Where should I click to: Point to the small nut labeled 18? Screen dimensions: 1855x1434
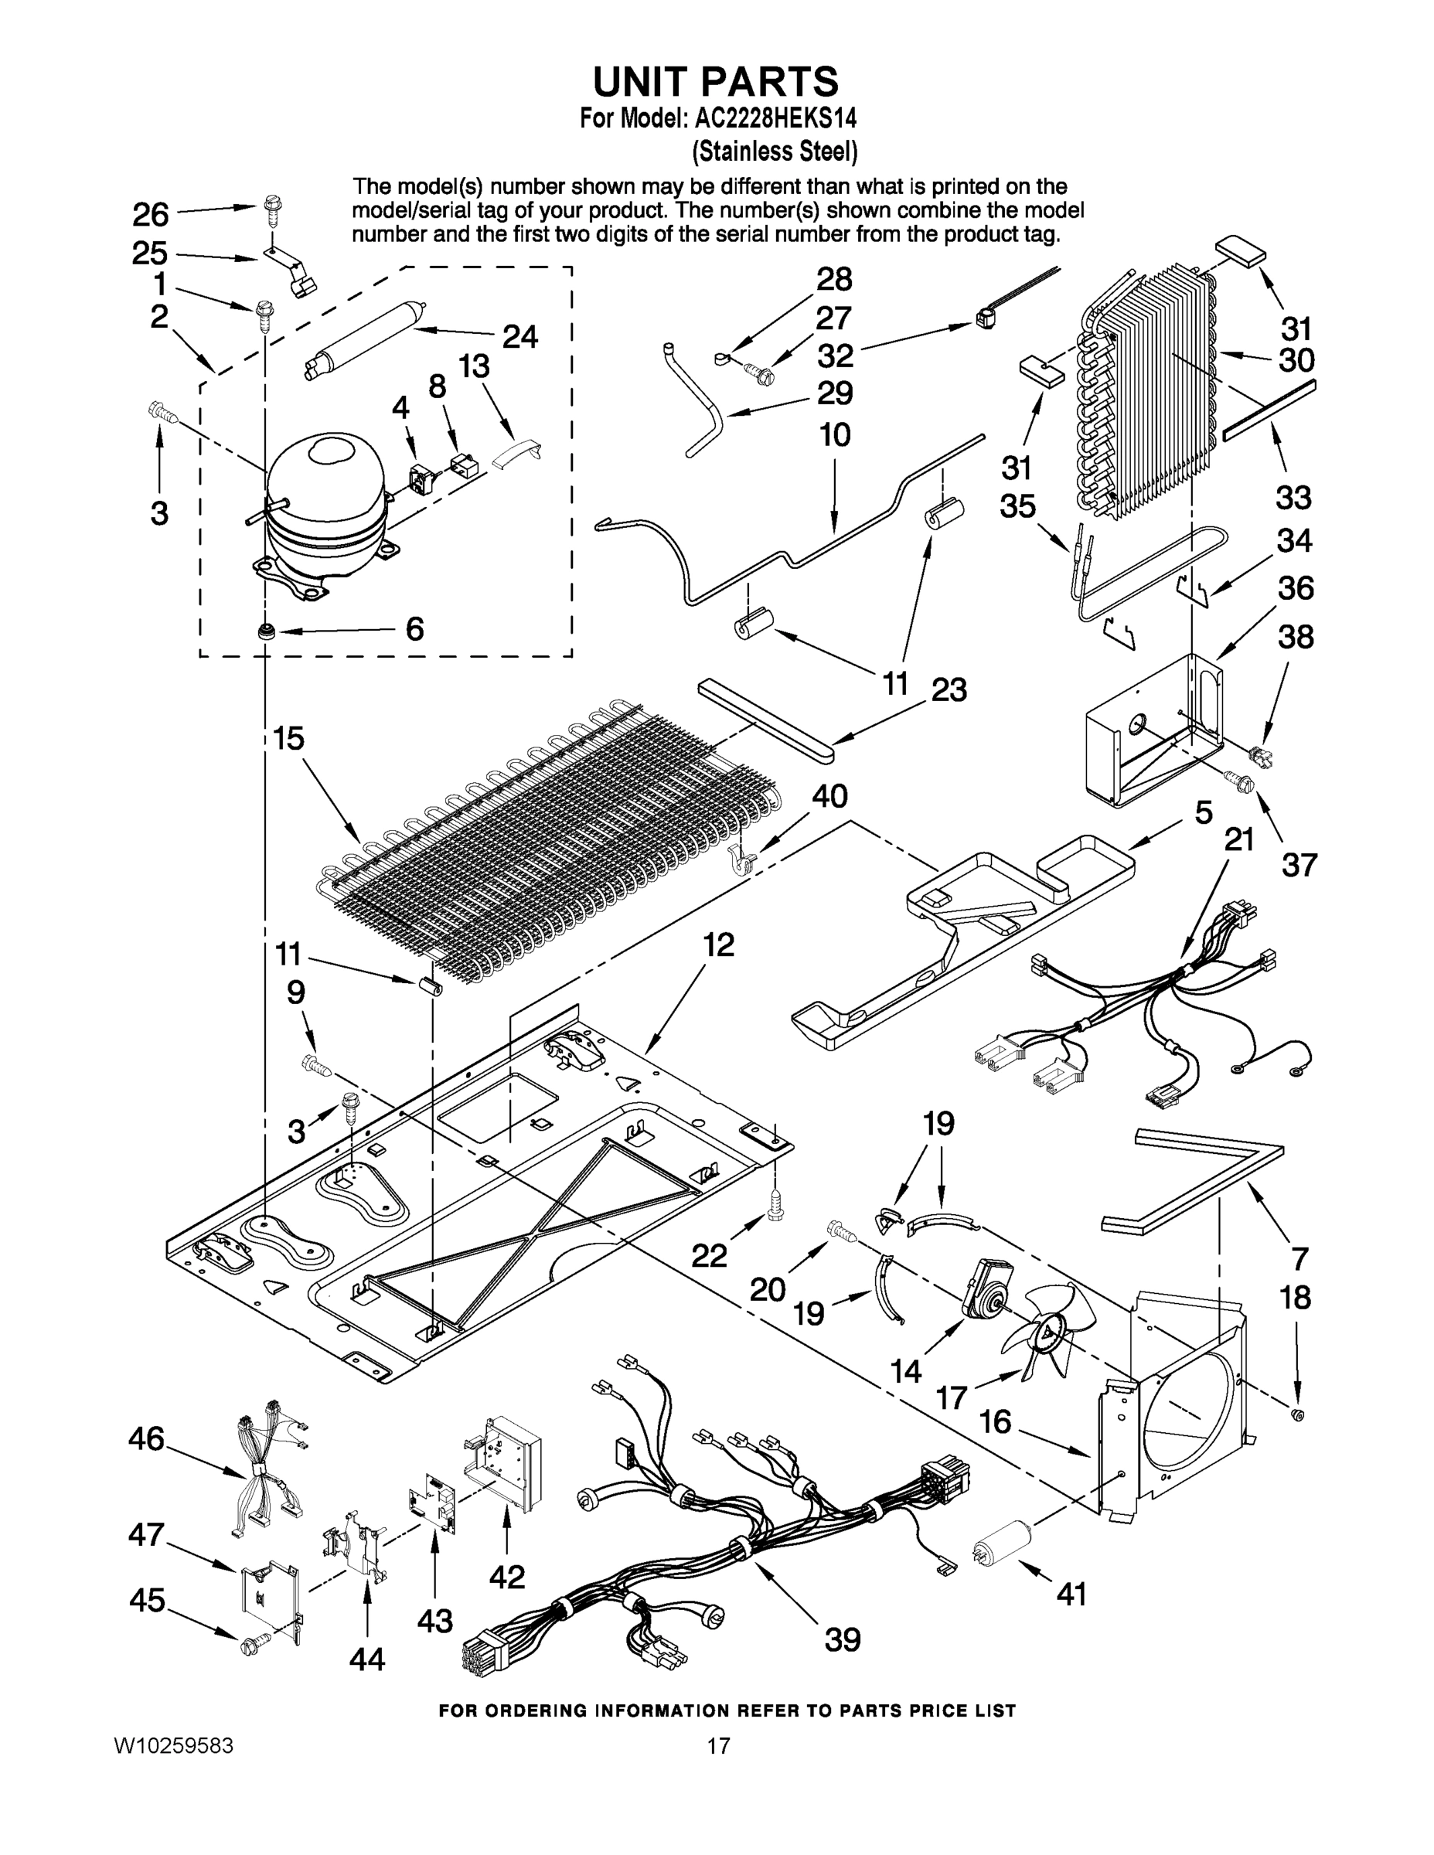[1297, 1415]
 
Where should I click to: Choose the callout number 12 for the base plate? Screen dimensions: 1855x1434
[719, 945]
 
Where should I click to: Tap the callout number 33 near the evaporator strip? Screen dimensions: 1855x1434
[1293, 497]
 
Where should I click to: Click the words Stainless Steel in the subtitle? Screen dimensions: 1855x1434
[775, 152]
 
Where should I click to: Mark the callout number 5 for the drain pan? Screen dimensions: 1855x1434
[1203, 812]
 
